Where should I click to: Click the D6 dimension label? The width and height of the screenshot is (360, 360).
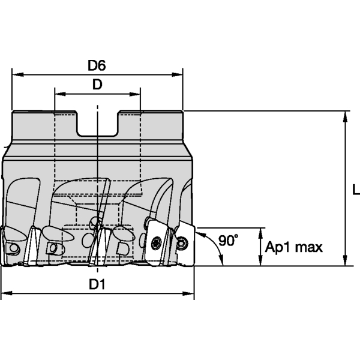(x=97, y=65)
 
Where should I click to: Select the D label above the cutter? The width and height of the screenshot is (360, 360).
(x=97, y=85)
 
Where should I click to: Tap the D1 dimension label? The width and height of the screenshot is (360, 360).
(x=97, y=284)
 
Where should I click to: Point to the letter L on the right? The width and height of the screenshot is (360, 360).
(x=356, y=190)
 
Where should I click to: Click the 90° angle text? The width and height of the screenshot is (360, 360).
(x=228, y=241)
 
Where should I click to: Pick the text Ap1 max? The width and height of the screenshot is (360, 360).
(x=294, y=247)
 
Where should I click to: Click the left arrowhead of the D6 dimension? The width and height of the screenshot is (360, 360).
(x=18, y=74)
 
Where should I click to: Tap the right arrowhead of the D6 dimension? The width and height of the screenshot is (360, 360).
(x=177, y=74)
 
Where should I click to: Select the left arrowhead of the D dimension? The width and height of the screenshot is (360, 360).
(x=61, y=94)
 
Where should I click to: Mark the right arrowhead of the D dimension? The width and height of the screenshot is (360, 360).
(x=135, y=94)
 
